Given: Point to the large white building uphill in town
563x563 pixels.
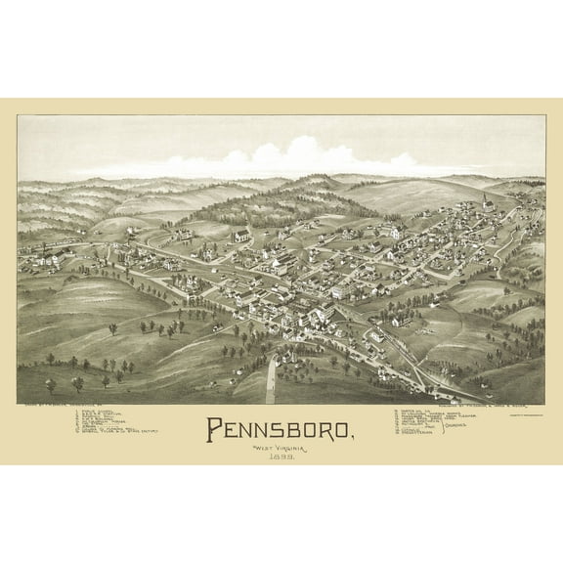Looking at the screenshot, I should click(x=242, y=236).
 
